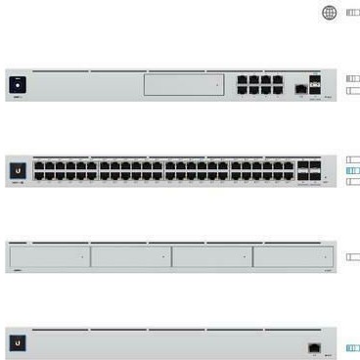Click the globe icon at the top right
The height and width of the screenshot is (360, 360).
pyautogui.click(x=329, y=13)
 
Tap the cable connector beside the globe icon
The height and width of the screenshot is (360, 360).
pyautogui.click(x=352, y=13)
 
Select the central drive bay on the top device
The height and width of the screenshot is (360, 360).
pyautogui.click(x=185, y=85)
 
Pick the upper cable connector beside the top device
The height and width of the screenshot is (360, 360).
pyautogui.click(x=353, y=78)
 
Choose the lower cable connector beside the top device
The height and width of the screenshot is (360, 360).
pyautogui.click(x=353, y=90)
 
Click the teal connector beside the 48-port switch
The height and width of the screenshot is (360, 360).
pyautogui.click(x=353, y=170)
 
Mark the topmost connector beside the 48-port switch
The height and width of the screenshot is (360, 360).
pyautogui.click(x=353, y=158)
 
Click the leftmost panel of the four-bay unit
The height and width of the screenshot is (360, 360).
pyautogui.click(x=49, y=256)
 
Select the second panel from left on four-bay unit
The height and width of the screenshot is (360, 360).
pyautogui.click(x=130, y=256)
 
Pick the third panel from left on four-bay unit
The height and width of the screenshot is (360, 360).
pyautogui.click(x=211, y=256)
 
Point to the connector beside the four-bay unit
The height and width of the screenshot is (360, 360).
pyautogui.click(x=353, y=256)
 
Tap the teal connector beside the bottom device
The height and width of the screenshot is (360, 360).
pyautogui.click(x=353, y=347)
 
